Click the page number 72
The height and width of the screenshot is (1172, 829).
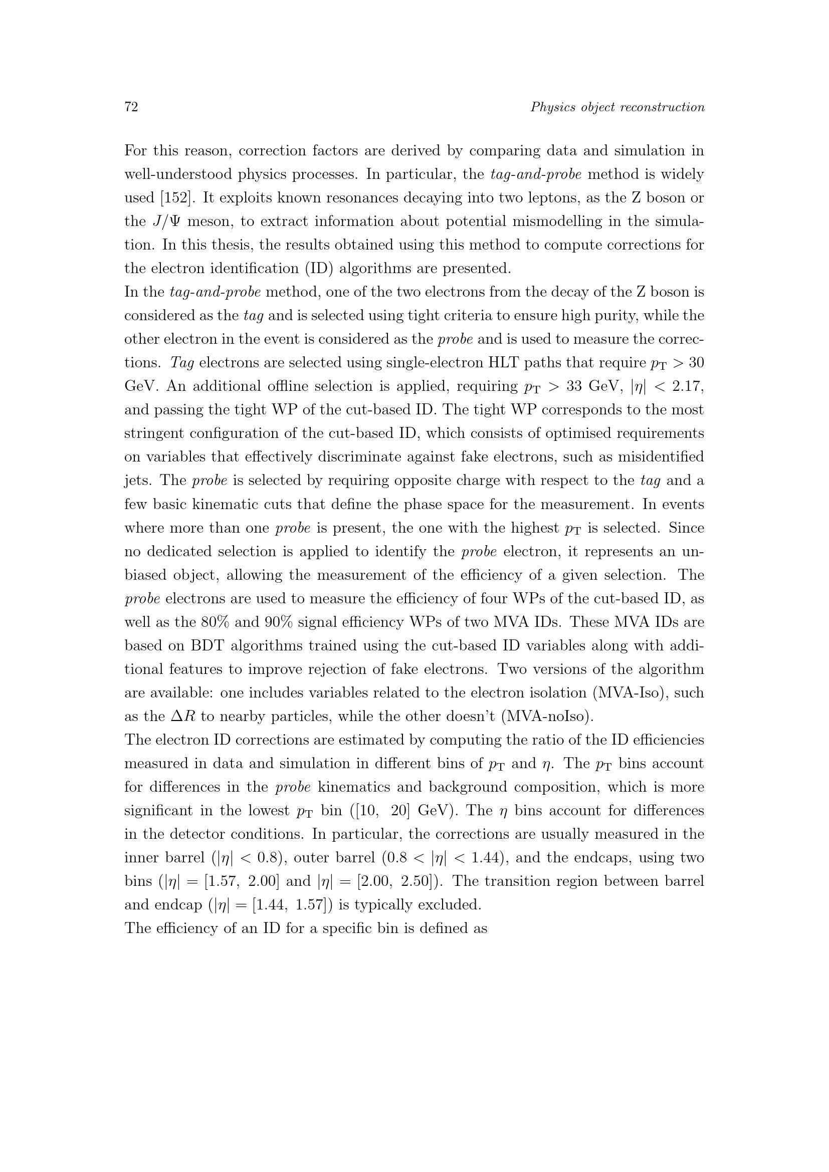pos(131,107)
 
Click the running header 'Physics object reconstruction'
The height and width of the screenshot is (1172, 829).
pos(617,107)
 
